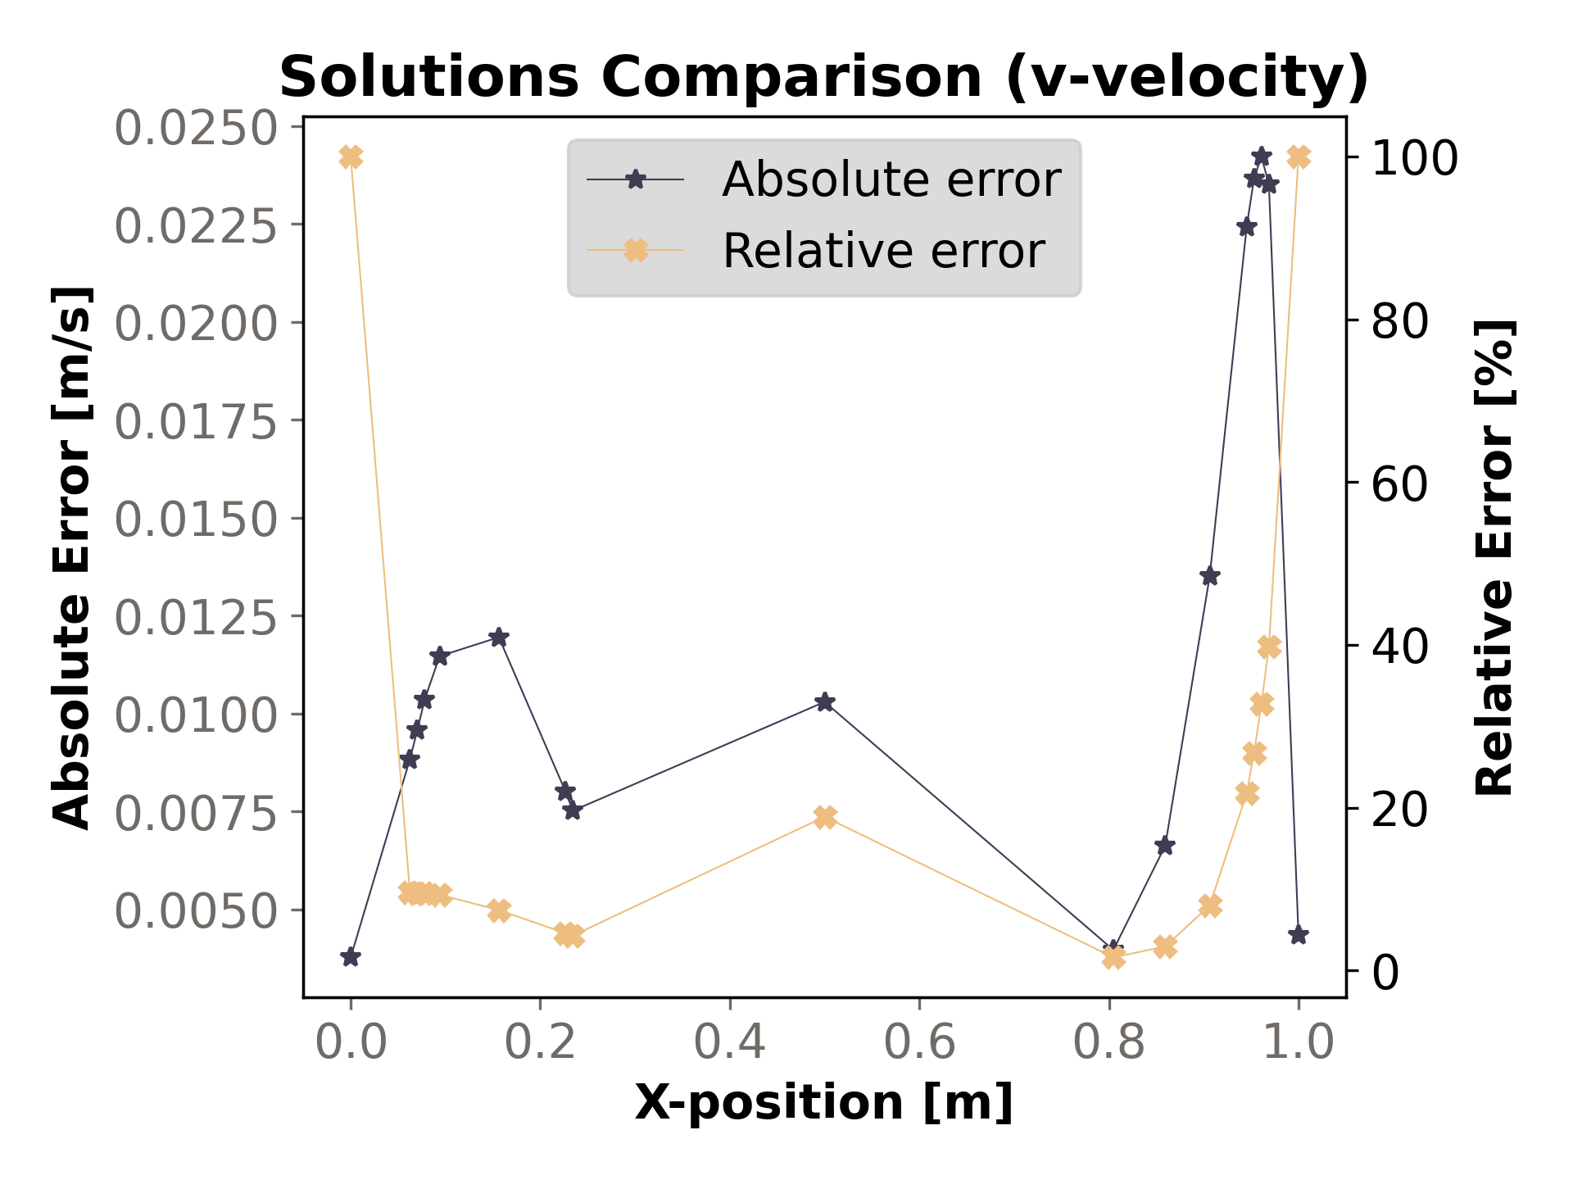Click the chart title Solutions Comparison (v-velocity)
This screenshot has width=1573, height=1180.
(823, 78)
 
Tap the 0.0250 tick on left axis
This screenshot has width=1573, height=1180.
(195, 128)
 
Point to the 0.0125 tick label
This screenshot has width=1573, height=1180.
(195, 617)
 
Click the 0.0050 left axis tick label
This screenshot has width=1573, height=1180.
(195, 910)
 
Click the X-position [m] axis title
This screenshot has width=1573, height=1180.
(823, 1102)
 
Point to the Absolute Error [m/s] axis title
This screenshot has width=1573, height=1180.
(72, 557)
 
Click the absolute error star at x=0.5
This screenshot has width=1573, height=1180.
(825, 702)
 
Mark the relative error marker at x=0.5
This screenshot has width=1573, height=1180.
(825, 817)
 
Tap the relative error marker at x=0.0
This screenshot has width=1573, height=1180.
(351, 157)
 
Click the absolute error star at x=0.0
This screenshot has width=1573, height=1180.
(351, 957)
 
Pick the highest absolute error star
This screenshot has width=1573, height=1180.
(1262, 157)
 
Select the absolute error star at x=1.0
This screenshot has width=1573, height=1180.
(1298, 935)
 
